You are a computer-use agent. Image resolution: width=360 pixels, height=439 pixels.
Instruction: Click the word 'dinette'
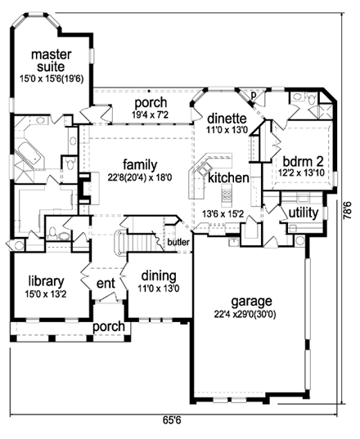[227, 118]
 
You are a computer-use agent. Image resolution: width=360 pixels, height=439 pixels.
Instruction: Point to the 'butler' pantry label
[178, 242]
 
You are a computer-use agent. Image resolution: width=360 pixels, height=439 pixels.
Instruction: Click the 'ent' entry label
[106, 283]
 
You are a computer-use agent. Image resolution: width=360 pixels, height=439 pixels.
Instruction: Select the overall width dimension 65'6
[171, 421]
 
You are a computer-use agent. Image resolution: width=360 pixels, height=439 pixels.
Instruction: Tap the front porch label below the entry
[108, 327]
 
